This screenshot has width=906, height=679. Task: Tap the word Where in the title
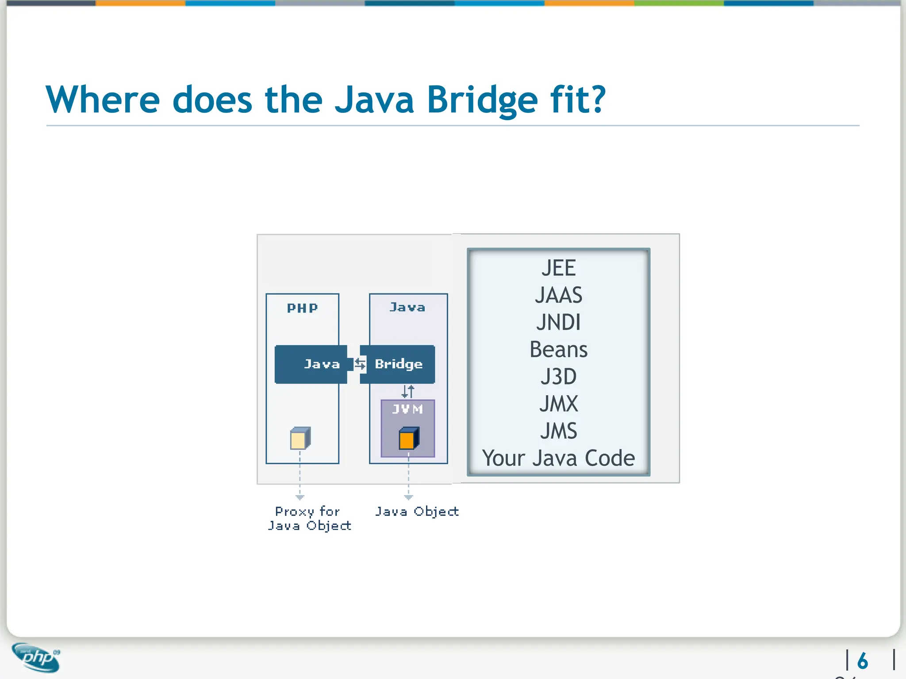click(x=103, y=100)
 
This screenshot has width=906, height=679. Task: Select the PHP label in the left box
click(x=302, y=308)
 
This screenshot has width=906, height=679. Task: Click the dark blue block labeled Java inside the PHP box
click(x=311, y=364)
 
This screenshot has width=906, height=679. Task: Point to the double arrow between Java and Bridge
click(x=360, y=364)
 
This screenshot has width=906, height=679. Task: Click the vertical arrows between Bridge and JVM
click(x=408, y=391)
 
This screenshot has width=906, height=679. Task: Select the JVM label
click(x=407, y=409)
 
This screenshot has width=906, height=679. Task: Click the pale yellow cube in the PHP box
click(x=300, y=439)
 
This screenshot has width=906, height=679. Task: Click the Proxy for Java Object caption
click(x=309, y=519)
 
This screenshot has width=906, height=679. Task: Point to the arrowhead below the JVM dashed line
click(x=408, y=497)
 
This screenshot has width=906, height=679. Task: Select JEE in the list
click(x=558, y=268)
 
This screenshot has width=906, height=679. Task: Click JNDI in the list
click(x=558, y=322)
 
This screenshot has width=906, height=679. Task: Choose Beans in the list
click(x=558, y=350)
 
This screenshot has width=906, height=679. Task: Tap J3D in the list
click(x=558, y=377)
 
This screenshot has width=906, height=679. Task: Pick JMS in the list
click(x=558, y=431)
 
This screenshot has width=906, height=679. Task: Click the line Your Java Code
click(x=558, y=458)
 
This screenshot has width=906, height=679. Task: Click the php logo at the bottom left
click(x=36, y=658)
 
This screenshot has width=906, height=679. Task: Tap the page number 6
click(x=862, y=661)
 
